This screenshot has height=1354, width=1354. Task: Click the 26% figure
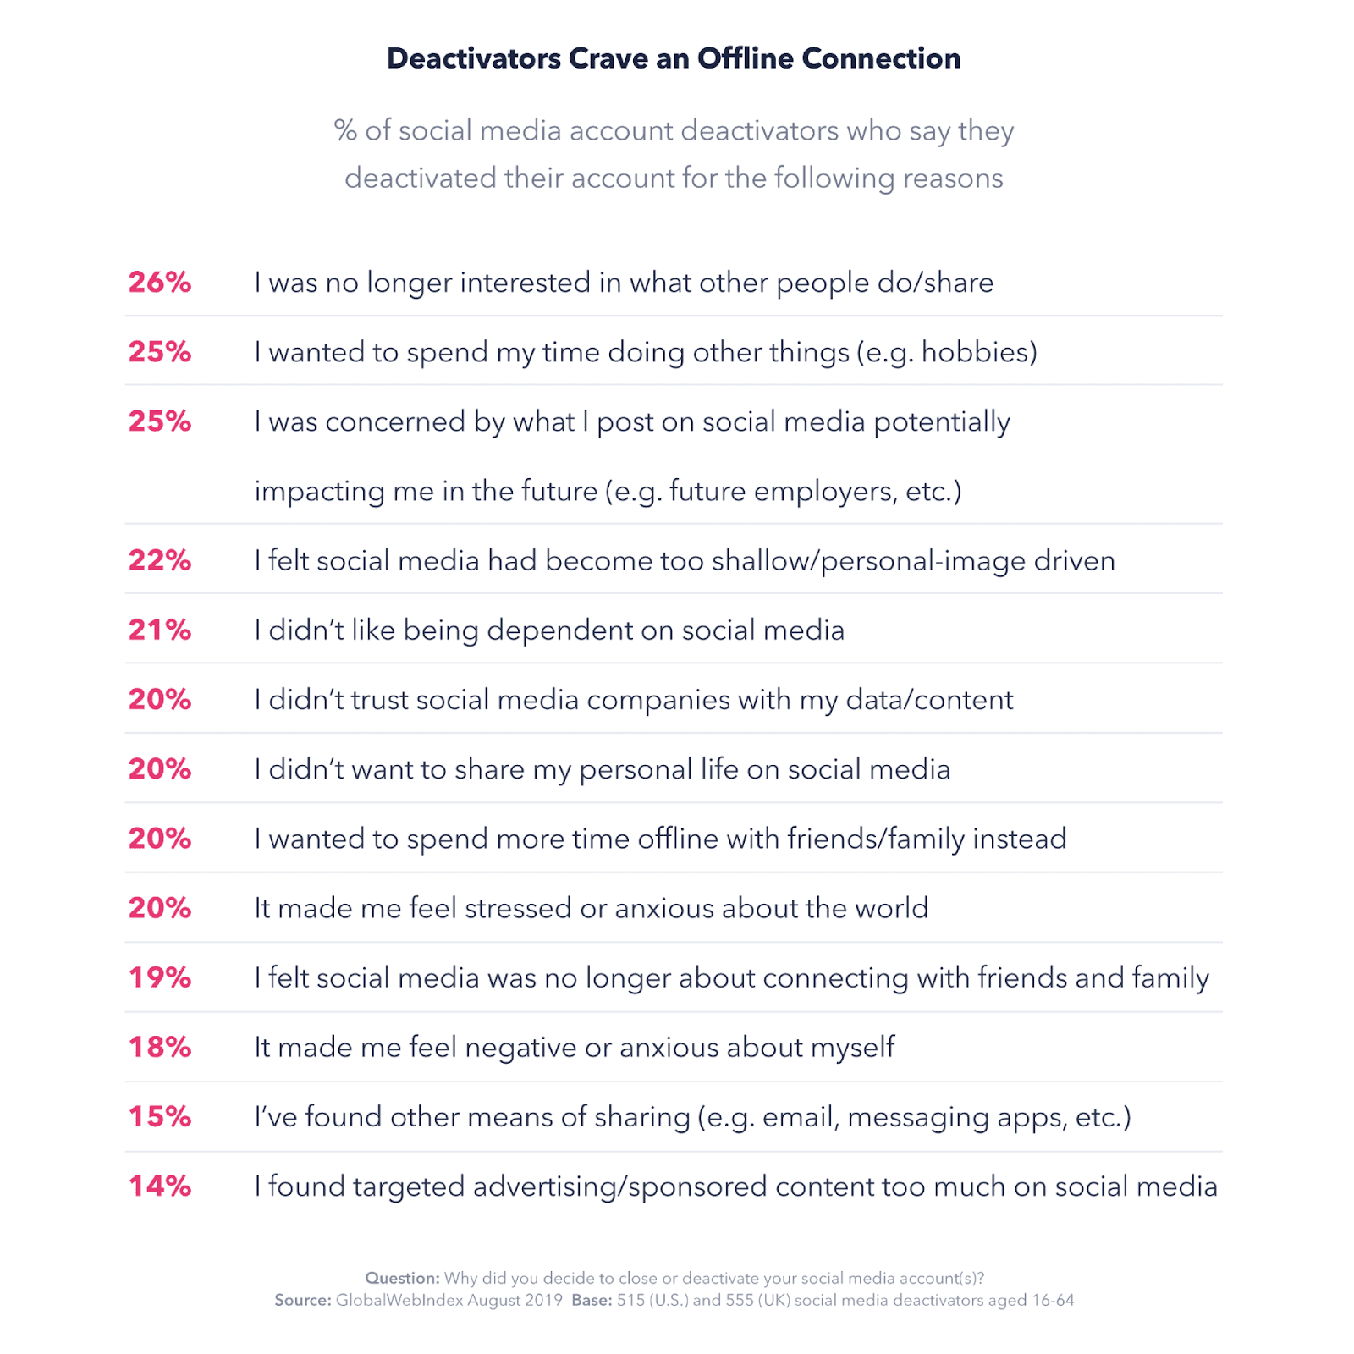point(160,283)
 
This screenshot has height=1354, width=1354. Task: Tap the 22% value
point(160,560)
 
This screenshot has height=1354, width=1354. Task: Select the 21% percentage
point(160,630)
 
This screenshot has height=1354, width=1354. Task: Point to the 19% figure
point(160,977)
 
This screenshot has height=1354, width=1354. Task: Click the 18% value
point(160,1047)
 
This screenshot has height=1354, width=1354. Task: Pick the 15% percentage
point(160,1116)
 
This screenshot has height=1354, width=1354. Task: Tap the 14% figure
point(160,1186)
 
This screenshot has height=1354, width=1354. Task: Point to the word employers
point(825,492)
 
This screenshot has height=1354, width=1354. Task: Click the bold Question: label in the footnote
point(402,1278)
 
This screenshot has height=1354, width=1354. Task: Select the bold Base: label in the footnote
point(592,1300)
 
